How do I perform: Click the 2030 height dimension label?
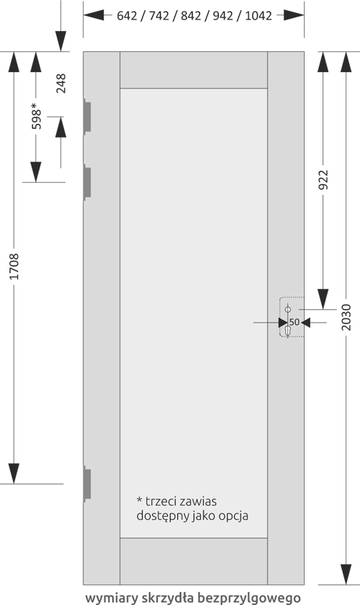pyautogui.click(x=346, y=317)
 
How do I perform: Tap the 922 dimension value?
pyautogui.click(x=323, y=180)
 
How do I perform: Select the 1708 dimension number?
pyautogui.click(x=14, y=266)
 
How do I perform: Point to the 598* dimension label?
pyautogui.click(x=35, y=116)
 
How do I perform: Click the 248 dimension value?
pyautogui.click(x=61, y=84)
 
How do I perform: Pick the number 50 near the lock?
pyautogui.click(x=294, y=322)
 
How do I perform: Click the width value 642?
pyautogui.click(x=127, y=16)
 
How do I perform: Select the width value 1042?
pyautogui.click(x=258, y=16)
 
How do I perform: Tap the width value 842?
pyautogui.click(x=191, y=16)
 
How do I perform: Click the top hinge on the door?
pyautogui.click(x=87, y=117)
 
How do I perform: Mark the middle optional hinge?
pyautogui.click(x=87, y=182)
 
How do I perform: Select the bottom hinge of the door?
pyautogui.click(x=87, y=484)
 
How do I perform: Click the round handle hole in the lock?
pyautogui.click(x=287, y=310)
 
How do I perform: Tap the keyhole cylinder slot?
pyautogui.click(x=287, y=331)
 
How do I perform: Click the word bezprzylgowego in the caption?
pyautogui.click(x=249, y=598)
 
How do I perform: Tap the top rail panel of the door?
pyautogui.click(x=194, y=70)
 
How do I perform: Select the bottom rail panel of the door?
pyautogui.click(x=194, y=561)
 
